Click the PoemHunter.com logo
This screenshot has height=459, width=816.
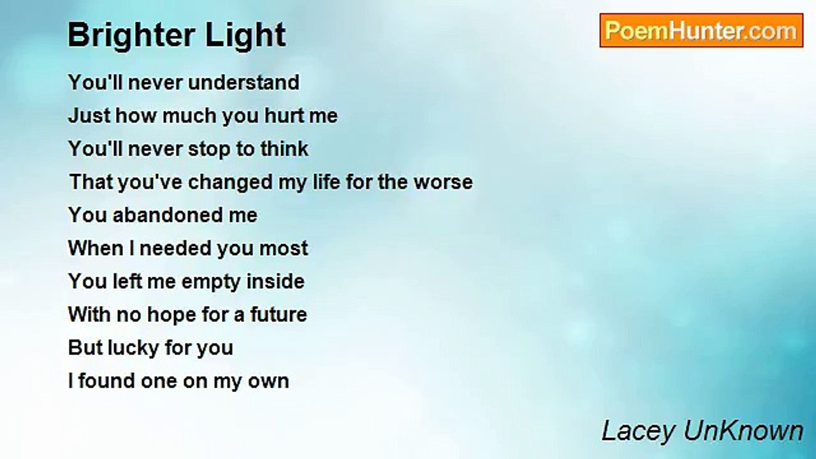pos(701,31)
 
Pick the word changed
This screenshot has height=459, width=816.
pos(226,182)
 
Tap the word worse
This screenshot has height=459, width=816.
pos(443,182)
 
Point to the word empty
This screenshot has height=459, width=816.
pos(205,282)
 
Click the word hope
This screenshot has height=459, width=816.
pos(170,315)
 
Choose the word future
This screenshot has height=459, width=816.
pos(279,315)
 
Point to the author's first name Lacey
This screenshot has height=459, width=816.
pos(638,432)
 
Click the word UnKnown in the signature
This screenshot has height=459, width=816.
pos(743,432)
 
